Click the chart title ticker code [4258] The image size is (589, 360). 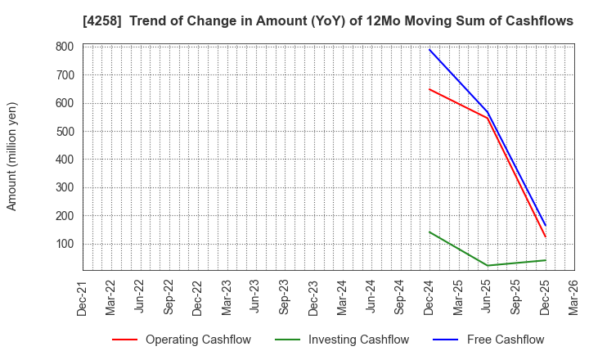101,21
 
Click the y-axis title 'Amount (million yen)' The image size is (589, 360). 12,156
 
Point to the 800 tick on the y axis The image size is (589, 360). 65,47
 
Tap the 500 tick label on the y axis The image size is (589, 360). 65,131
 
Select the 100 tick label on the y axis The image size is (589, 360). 65,244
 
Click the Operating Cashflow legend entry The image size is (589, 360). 181,340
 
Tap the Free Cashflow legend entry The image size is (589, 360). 493,340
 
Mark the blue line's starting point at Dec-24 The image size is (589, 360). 429,50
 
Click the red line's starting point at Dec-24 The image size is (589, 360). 429,89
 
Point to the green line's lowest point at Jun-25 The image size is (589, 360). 488,266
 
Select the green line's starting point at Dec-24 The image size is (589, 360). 429,232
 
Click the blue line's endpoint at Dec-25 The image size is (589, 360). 545,226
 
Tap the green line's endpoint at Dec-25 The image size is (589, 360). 545,260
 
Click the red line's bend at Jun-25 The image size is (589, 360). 488,118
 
